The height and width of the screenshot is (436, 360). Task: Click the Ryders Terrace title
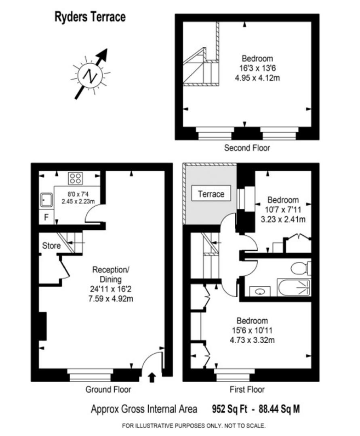coord(90,17)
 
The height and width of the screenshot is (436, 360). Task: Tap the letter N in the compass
coord(91,75)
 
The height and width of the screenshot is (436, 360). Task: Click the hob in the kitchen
coord(76,178)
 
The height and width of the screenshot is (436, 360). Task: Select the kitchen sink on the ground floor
coord(46,200)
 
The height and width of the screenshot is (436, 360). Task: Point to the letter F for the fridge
coord(46,217)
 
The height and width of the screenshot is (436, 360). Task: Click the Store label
coord(51,246)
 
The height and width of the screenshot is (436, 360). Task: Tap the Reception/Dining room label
coord(111,275)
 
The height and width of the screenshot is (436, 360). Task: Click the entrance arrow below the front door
coord(152,377)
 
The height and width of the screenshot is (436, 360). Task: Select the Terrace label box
coord(211,193)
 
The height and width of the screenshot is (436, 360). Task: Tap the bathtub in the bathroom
coord(294,287)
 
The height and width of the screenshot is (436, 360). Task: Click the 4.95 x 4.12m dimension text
coord(257,78)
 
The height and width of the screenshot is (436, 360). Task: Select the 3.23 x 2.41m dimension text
coord(283,219)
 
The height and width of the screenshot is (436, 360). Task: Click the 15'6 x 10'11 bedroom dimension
coord(252,330)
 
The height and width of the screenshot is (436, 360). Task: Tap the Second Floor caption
coord(247,148)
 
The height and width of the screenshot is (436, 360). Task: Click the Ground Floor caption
coord(108,390)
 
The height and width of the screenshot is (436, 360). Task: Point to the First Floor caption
coord(247,390)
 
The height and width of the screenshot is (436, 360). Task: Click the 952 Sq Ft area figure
coord(229,409)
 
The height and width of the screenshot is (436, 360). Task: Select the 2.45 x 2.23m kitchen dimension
coord(78,201)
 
